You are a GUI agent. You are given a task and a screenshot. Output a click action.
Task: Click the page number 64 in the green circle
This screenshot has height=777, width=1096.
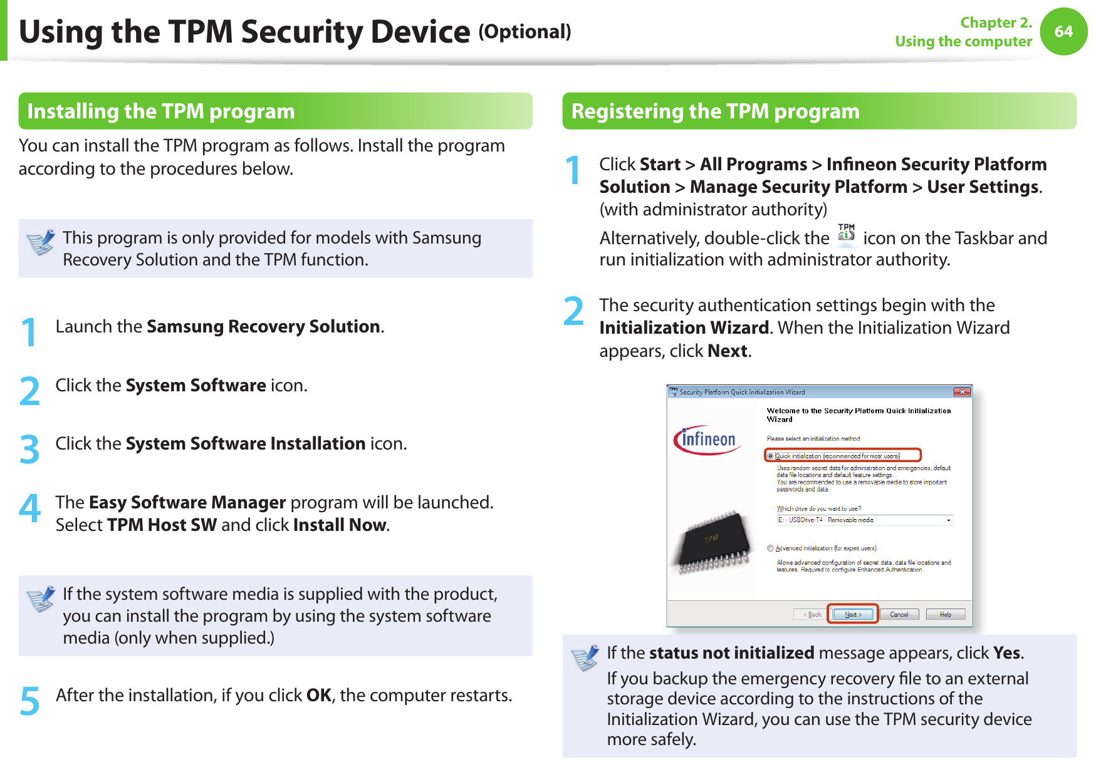1063,31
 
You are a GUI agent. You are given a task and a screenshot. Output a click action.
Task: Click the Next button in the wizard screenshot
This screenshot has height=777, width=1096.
853,614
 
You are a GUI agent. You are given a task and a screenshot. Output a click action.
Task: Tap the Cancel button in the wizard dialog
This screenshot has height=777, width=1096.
899,614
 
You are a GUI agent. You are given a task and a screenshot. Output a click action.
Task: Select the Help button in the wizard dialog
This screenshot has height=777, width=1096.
945,614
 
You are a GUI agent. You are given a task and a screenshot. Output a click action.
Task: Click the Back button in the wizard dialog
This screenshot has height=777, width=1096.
812,614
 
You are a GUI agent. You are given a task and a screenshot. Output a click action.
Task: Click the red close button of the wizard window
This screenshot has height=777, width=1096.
962,392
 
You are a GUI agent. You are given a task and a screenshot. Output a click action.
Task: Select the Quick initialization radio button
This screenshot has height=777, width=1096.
771,456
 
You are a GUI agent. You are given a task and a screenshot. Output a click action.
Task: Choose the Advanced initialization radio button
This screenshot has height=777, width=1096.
771,548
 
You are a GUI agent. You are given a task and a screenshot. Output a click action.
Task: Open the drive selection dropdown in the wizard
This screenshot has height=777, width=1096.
948,520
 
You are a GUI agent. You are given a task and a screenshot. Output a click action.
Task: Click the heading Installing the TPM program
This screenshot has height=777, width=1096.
161,111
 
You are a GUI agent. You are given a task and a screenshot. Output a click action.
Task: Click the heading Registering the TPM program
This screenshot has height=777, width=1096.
715,111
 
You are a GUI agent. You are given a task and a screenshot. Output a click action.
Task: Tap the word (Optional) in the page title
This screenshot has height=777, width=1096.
525,31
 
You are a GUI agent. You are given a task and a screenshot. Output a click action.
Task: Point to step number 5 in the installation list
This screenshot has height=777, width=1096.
29,700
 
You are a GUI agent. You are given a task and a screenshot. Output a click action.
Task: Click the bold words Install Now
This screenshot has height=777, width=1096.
340,525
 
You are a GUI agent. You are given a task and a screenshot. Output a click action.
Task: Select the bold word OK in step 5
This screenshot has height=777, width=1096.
318,695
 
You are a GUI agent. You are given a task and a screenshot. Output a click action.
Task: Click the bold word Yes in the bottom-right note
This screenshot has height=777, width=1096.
1006,652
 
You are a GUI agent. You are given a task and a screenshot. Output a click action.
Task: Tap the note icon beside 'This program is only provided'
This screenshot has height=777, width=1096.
41,242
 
